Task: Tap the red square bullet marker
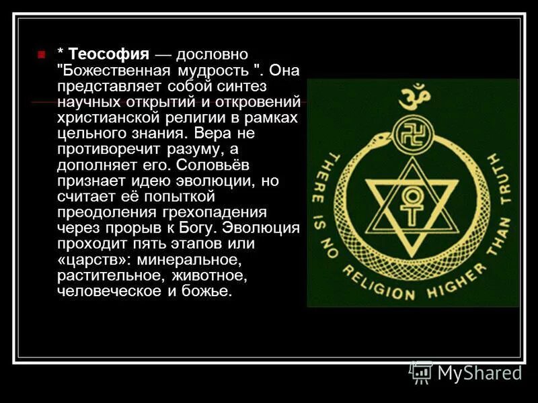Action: click(x=42, y=54)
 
